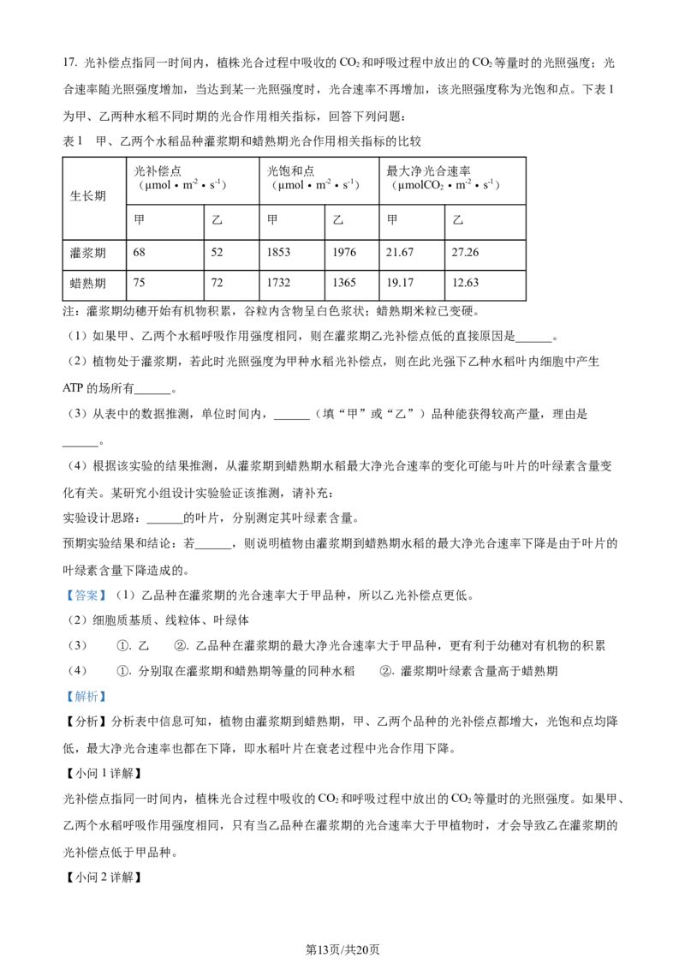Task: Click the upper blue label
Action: click(86, 596)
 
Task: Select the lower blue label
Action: click(86, 697)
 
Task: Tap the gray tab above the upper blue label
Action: click(86, 586)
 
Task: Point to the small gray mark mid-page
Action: click(247, 524)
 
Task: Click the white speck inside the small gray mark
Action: click(245, 522)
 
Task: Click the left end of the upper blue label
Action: click(65, 596)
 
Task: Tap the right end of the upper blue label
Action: click(107, 596)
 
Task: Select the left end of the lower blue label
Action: click(64, 697)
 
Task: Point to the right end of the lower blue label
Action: click(107, 697)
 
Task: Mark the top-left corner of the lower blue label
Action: click(63, 688)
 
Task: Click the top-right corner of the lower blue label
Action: click(108, 688)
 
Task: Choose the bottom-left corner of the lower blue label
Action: click(63, 704)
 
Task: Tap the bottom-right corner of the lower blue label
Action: click(108, 704)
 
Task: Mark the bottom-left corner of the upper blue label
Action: click(63, 602)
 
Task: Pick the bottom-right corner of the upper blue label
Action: click(108, 602)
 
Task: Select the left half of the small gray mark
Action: click(243, 524)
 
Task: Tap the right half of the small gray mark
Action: click(250, 524)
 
